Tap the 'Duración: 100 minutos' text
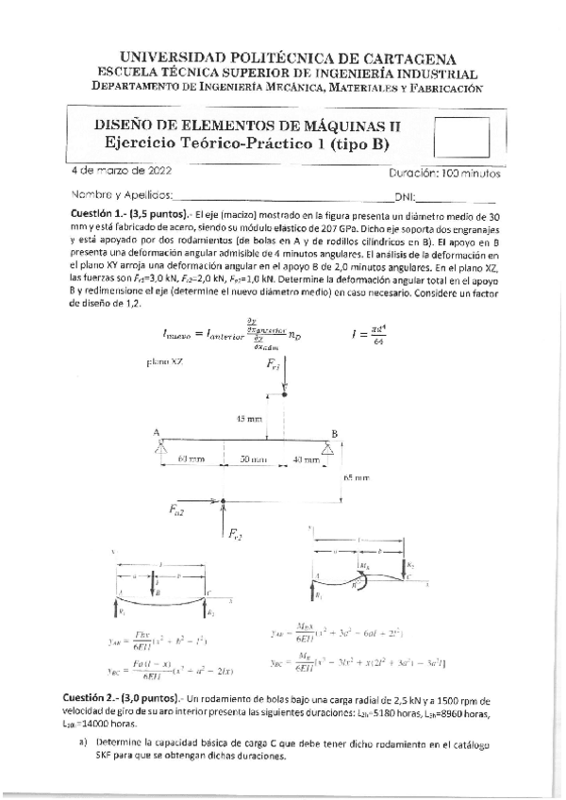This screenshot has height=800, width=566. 443,174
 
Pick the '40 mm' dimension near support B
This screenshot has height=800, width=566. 305,459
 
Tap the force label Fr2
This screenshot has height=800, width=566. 234,535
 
